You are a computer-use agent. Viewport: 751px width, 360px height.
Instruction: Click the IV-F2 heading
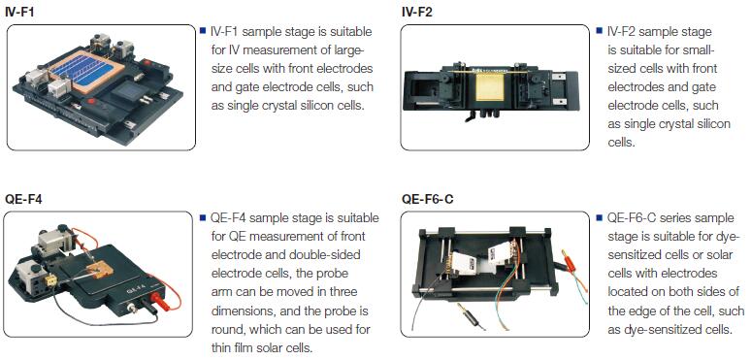tap(417, 12)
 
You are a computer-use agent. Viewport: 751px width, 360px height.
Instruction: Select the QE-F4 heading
tap(23, 199)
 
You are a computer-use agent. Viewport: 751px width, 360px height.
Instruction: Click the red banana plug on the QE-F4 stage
tap(155, 299)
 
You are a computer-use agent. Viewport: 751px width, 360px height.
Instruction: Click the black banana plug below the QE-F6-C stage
tap(471, 315)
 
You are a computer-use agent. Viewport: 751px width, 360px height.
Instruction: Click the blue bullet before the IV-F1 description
tap(203, 31)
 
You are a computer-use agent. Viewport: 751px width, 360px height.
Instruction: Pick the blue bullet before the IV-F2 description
tap(599, 31)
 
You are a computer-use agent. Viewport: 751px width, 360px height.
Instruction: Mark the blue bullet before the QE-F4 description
tap(203, 217)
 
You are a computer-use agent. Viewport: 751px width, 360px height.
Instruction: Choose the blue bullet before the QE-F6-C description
tap(599, 217)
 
